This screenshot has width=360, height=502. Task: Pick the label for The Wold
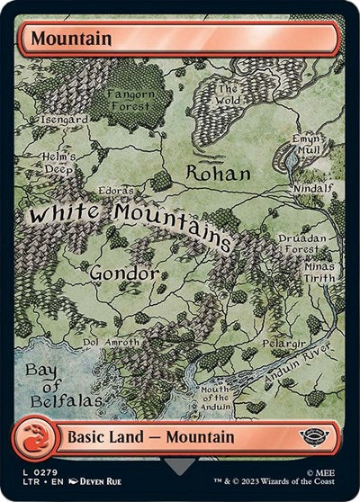[228, 94]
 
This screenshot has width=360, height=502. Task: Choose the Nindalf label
[312, 189]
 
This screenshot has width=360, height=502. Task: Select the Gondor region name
[124, 272]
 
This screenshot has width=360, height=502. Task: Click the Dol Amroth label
[112, 343]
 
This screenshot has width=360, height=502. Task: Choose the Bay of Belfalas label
[52, 384]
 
